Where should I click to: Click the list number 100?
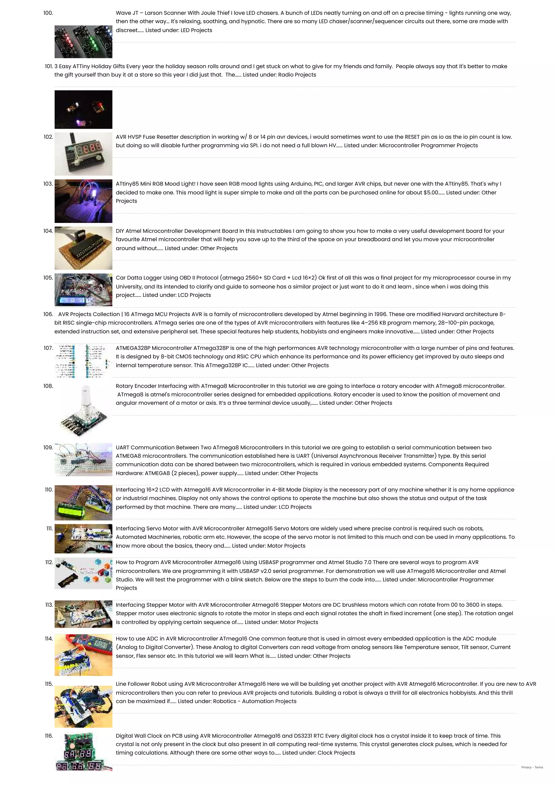click(48, 13)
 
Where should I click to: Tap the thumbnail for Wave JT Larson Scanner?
click(83, 41)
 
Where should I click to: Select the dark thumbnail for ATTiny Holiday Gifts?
click(83, 109)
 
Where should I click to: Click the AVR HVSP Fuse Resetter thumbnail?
click(83, 154)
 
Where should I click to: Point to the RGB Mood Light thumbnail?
click(83, 201)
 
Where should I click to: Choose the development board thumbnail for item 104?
click(83, 248)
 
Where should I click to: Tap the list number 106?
click(48, 314)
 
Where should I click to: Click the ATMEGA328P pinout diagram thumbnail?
click(83, 361)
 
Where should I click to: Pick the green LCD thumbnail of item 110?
click(83, 502)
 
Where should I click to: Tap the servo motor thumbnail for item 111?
click(83, 539)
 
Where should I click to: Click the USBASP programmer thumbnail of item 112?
click(83, 573)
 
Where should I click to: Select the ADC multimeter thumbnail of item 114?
click(83, 655)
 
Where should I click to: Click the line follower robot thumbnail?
click(83, 706)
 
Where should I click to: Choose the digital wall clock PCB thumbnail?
click(83, 752)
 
